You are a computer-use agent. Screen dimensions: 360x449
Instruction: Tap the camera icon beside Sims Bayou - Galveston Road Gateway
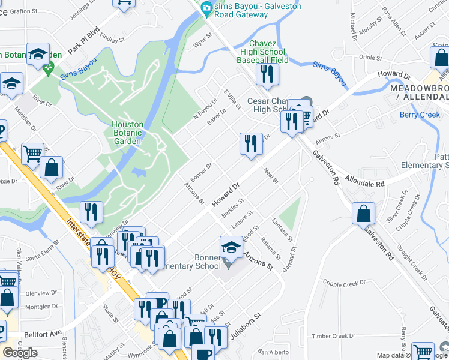207,7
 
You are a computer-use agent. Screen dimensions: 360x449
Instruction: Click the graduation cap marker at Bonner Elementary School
231,247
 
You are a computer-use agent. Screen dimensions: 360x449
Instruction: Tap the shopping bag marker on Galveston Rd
364,214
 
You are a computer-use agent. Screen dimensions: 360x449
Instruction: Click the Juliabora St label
244,323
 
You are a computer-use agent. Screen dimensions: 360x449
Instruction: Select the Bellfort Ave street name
43,334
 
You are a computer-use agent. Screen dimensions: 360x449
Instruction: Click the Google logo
20,353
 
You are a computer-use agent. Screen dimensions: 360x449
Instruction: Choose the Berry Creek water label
420,115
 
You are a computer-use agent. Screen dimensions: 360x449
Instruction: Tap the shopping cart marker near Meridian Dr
33,154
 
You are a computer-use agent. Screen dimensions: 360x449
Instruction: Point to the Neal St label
271,176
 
